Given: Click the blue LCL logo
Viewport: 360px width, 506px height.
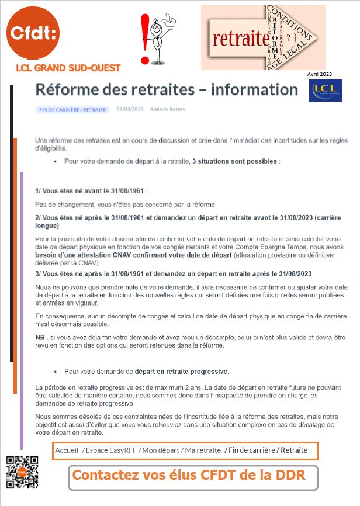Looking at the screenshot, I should [326, 90].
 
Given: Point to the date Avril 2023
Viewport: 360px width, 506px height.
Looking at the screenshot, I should [319, 74].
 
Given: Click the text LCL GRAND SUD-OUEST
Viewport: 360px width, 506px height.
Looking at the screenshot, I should [68, 68].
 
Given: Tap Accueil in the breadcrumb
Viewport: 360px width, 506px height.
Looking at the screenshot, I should [67, 450].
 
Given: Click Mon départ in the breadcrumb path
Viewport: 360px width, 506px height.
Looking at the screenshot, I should [159, 450].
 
